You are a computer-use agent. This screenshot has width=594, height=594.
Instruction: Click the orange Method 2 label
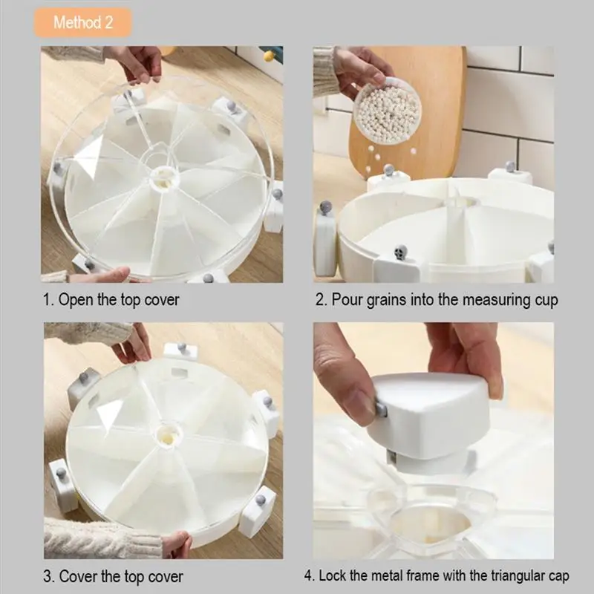click(x=82, y=22)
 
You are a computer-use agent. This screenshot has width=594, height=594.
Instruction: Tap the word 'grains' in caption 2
click(x=393, y=301)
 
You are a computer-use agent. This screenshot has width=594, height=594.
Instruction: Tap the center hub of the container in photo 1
click(x=161, y=177)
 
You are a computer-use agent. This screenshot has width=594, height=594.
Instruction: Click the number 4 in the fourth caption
click(x=308, y=575)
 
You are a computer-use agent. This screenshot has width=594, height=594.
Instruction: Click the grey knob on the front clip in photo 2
click(x=401, y=252)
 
